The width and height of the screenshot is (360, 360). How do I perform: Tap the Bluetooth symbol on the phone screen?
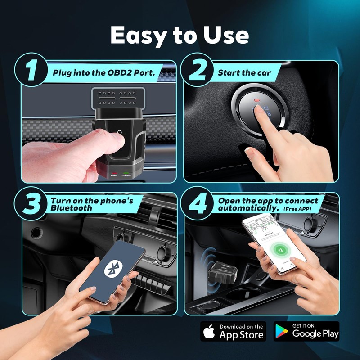pyautogui.click(x=111, y=270)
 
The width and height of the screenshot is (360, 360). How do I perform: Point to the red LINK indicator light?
pyautogui.click(x=114, y=172)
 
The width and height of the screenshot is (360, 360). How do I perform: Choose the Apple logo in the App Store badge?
pyautogui.click(x=208, y=332)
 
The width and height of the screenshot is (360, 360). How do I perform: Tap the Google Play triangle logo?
pyautogui.click(x=282, y=332)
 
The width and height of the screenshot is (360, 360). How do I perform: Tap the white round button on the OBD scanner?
pyautogui.click(x=119, y=133)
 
